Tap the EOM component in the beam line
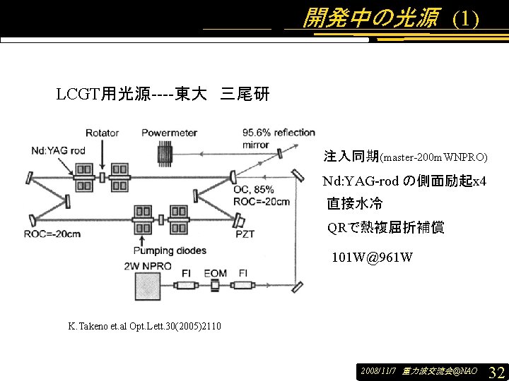[x=215, y=286]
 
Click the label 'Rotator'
[x=103, y=133]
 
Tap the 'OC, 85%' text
[x=253, y=190]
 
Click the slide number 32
[x=496, y=371]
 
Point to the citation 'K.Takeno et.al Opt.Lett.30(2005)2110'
[x=144, y=326]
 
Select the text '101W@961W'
[x=372, y=257]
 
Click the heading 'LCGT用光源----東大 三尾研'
[x=163, y=94]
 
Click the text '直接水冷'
[x=354, y=205]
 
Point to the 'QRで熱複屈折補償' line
[x=385, y=228]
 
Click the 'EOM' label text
[x=216, y=273]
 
